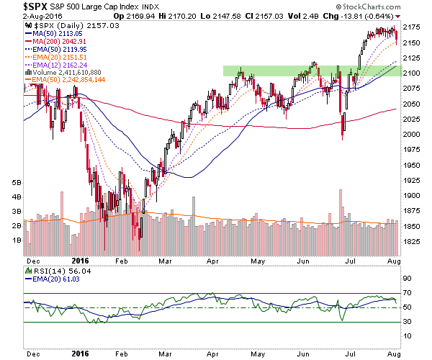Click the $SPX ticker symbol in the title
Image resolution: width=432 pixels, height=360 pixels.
tap(35, 6)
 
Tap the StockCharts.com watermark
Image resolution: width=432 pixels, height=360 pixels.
tap(368, 6)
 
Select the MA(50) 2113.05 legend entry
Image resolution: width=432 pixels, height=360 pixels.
tap(54, 34)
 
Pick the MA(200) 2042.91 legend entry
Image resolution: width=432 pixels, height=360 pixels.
tap(55, 42)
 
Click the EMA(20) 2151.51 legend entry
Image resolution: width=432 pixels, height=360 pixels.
tap(56, 58)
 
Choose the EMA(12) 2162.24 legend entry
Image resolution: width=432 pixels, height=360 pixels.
tap(56, 66)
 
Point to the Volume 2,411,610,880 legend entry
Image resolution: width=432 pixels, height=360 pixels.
tap(63, 73)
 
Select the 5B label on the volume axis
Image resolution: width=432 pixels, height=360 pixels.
tap(17, 183)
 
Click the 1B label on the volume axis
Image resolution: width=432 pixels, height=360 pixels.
tap(17, 240)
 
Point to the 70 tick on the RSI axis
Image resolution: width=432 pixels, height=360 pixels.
tap(407, 293)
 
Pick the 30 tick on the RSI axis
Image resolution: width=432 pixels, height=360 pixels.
tap(407, 321)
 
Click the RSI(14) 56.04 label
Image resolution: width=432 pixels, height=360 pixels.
tap(62, 271)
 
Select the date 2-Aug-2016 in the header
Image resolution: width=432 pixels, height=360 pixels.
tap(42, 17)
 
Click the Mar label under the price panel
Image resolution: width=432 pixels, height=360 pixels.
tap(165, 261)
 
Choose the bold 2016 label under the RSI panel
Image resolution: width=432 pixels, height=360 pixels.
tap(80, 354)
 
